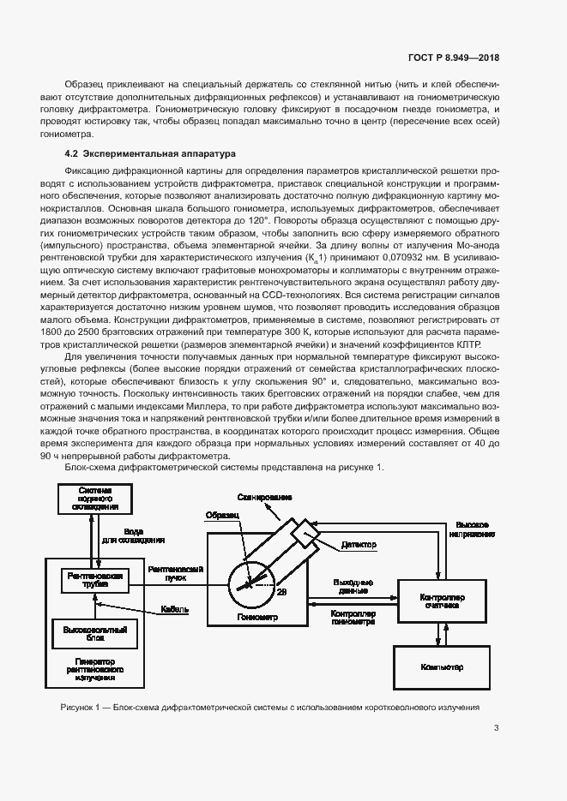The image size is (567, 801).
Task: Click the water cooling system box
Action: click(95, 498)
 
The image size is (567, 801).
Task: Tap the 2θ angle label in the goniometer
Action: click(282, 591)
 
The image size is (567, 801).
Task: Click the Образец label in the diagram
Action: click(219, 515)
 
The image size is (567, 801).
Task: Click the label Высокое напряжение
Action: click(474, 529)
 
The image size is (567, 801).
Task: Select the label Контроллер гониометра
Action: click(353, 619)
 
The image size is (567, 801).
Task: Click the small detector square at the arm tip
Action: click(305, 532)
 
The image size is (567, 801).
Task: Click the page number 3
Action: click(496, 728)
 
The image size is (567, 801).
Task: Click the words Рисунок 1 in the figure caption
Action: click(81, 708)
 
